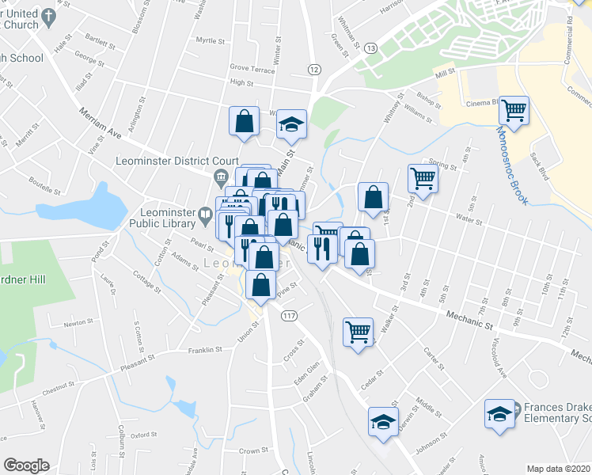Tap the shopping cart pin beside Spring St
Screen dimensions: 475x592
423,178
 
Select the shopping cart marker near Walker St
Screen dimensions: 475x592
358,330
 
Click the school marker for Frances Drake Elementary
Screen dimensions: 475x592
499,414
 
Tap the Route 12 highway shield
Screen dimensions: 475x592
314,70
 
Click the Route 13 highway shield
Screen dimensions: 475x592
370,48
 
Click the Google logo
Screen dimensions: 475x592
26,465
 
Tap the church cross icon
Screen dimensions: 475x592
49,15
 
